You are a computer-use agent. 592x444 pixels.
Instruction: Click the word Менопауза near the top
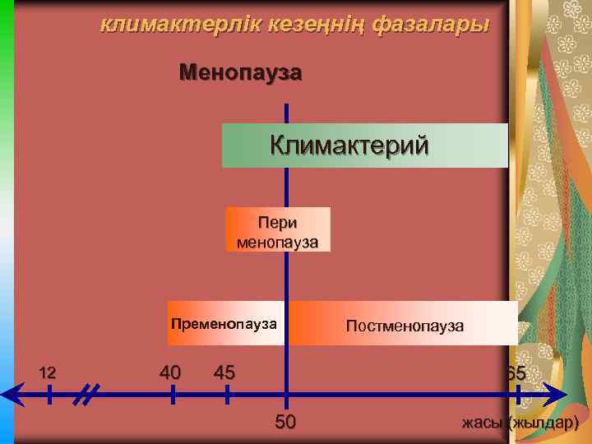pos(240,73)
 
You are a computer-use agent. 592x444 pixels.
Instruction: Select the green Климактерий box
pos(364,146)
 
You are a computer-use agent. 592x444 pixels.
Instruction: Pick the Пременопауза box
pos(224,323)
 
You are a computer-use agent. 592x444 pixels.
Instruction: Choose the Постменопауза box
pos(404,326)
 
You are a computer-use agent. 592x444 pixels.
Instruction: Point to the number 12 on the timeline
pos(48,373)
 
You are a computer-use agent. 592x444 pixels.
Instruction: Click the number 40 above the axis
pos(170,372)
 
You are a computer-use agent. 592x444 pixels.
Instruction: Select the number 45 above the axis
pos(224,372)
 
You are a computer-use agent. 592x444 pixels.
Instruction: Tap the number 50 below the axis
pos(284,423)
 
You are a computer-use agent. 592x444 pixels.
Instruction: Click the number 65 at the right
pos(516,374)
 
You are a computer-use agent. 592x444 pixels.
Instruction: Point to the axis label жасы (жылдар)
pos(520,423)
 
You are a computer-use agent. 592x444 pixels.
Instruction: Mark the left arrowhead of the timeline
pos(8,395)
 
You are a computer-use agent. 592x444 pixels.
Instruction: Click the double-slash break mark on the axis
pos(85,395)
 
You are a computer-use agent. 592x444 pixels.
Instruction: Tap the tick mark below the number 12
pos(49,395)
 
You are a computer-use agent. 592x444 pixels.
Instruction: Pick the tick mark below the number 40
pos(173,395)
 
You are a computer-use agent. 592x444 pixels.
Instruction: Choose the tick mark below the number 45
pos(228,395)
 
